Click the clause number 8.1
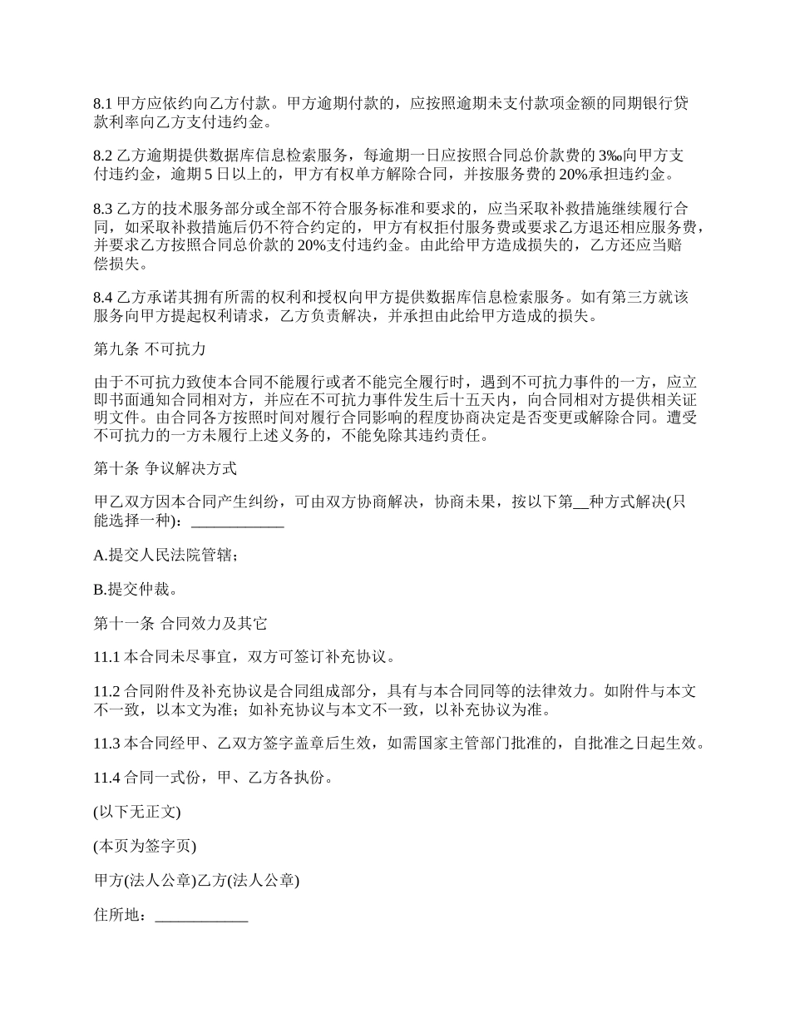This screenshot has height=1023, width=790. click(102, 105)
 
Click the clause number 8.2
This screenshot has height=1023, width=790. click(102, 156)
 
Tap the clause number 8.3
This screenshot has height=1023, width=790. click(102, 207)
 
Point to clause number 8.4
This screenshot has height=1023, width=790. click(102, 297)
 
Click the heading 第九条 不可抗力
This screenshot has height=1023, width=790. click(150, 348)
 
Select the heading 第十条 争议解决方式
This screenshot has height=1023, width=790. click(165, 469)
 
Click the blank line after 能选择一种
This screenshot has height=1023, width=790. click(238, 521)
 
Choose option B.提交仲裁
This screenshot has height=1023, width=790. click(135, 590)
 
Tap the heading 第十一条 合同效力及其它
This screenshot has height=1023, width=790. click(180, 623)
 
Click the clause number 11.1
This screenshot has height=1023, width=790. click(106, 657)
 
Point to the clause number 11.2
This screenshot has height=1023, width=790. click(106, 691)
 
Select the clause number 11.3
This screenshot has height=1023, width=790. click(106, 744)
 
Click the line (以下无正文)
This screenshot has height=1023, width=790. click(137, 812)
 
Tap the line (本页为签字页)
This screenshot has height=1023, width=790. click(145, 847)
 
